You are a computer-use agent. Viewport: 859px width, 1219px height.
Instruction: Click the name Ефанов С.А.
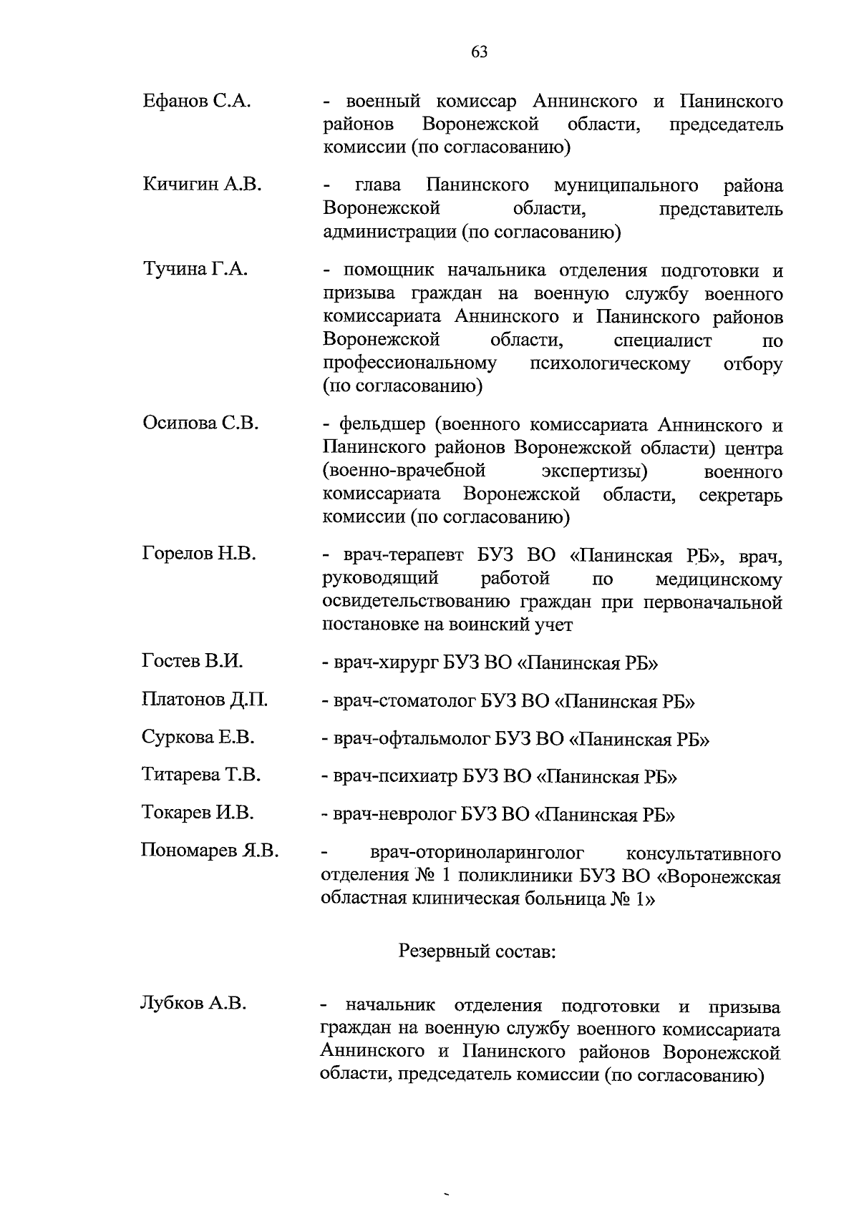click(x=196, y=101)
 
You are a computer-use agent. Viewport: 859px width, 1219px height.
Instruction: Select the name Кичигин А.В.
click(x=202, y=185)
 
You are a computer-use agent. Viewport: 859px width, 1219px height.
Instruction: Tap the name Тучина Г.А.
click(x=195, y=270)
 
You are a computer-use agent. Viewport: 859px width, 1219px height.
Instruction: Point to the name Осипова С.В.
click(x=200, y=423)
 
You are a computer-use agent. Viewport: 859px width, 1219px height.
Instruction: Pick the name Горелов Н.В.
click(x=199, y=553)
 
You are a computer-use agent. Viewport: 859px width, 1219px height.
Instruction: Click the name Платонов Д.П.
click(x=205, y=699)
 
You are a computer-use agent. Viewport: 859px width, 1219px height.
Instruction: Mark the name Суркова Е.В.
click(x=198, y=737)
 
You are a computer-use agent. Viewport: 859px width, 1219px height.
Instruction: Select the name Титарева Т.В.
click(x=201, y=775)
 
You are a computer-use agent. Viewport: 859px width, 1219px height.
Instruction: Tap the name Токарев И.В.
click(x=198, y=813)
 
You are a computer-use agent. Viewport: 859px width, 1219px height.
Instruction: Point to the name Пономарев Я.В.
click(x=209, y=851)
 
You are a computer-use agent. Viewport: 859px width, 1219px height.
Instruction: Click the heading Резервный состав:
click(x=476, y=951)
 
